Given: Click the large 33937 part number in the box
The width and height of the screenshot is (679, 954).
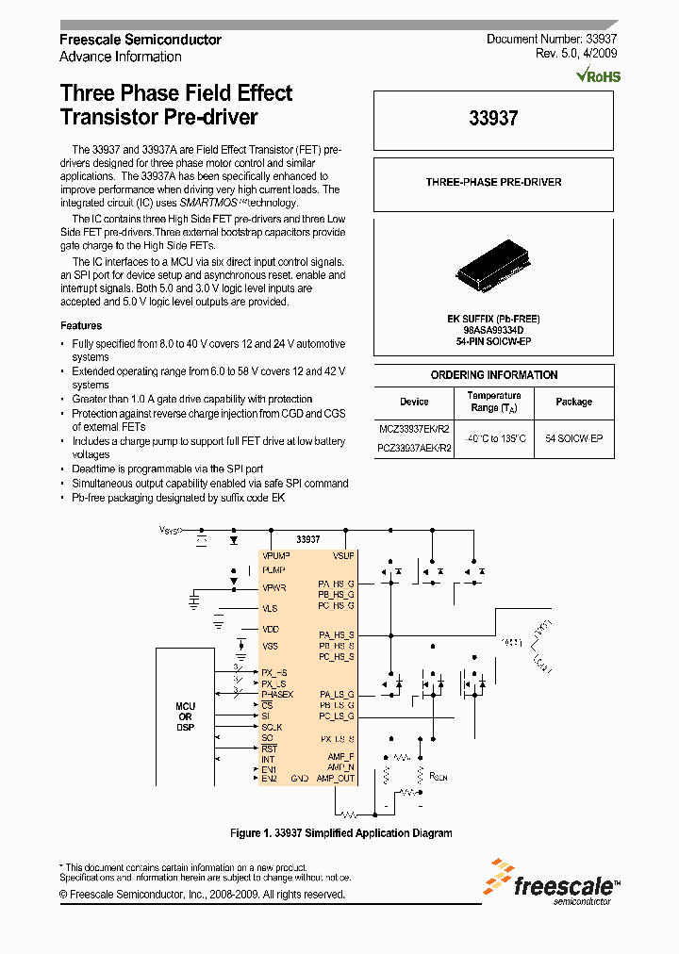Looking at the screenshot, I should [493, 120].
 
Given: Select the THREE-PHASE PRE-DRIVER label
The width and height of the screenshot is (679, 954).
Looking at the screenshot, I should [493, 182].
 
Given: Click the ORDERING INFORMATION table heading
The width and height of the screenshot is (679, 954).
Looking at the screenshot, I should [493, 375].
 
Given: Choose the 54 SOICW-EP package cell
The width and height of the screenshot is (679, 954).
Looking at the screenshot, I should [573, 439].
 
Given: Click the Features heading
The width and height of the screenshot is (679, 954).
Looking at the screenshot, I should [81, 325].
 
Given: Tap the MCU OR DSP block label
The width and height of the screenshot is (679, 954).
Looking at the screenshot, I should [185, 717].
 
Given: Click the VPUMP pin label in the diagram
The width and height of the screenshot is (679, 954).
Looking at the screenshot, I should [276, 556].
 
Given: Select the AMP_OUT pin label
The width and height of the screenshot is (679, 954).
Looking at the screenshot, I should [336, 779].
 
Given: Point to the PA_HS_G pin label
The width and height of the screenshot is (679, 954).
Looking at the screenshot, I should [336, 584].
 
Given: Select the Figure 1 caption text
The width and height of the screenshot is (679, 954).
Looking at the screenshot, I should [341, 833].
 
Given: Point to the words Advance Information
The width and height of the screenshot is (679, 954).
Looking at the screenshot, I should [121, 57].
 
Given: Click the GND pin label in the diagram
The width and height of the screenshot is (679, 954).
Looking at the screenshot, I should [299, 779].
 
